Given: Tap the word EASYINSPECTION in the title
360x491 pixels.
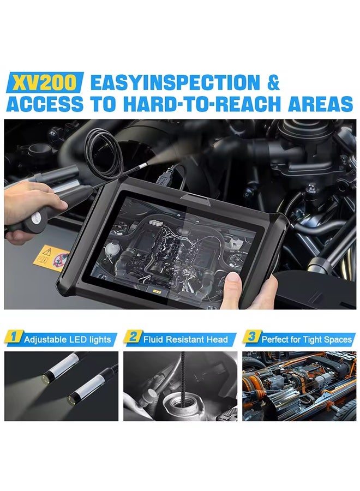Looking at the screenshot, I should tap(175, 83).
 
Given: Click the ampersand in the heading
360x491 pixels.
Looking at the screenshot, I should tap(273, 83).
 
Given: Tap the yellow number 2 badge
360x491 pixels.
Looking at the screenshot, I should tap(133, 338).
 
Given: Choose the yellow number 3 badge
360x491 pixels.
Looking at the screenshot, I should tap(251, 338).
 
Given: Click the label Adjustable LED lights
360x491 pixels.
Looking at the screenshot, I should tap(67, 339).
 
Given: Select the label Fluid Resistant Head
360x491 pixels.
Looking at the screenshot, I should tap(185, 339).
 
